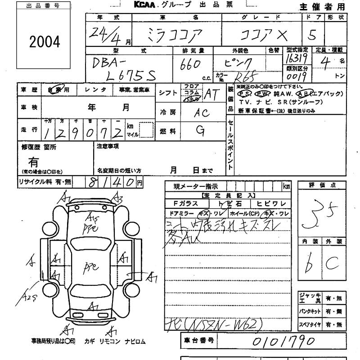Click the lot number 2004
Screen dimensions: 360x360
(x=45, y=42)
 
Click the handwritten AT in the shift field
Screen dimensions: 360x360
(x=210, y=94)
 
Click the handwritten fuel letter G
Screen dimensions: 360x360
(x=201, y=130)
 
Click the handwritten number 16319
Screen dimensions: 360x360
(x=297, y=59)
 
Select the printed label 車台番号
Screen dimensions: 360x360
(x=198, y=341)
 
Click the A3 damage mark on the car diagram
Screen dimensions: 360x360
(x=118, y=198)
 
